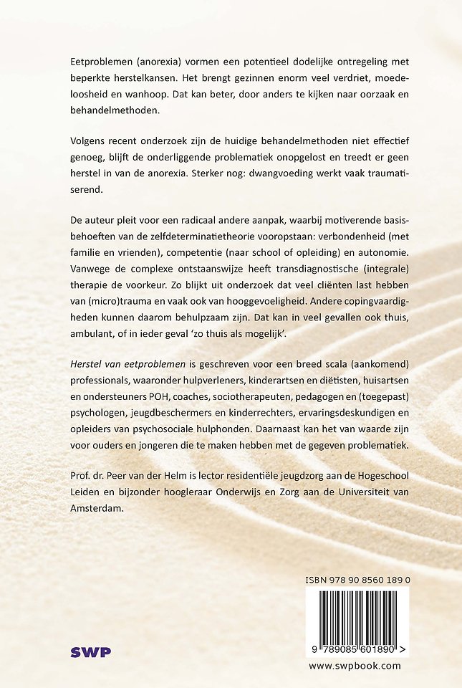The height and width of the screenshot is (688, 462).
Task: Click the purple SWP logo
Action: click(x=91, y=652)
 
